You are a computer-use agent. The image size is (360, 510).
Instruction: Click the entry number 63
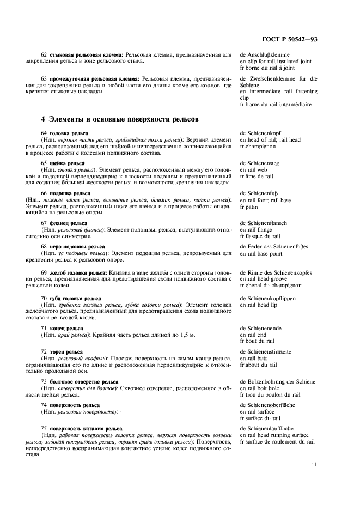pyautogui.click(x=44, y=78)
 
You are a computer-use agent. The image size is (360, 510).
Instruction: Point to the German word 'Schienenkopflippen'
pyautogui.click(x=273, y=298)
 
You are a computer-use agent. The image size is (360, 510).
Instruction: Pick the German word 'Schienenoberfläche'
pyautogui.click(x=272, y=405)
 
